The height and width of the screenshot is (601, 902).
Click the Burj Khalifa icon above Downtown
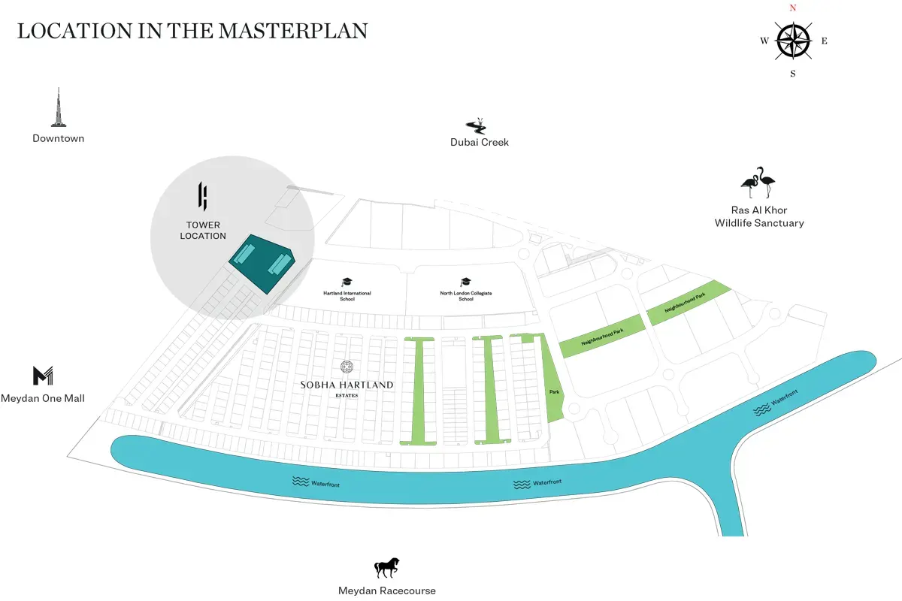(x=58, y=107)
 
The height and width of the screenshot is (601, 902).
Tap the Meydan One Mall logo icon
(x=43, y=376)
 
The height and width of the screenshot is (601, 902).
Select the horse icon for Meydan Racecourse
(x=387, y=568)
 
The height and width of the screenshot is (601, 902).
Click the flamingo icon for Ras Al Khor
(x=758, y=183)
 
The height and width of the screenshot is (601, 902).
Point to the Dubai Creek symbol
(x=477, y=125)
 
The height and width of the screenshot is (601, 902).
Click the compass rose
(x=793, y=40)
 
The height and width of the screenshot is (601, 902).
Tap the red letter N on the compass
(x=792, y=8)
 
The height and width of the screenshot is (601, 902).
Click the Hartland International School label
(x=347, y=296)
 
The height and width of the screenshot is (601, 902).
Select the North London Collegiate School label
(x=466, y=296)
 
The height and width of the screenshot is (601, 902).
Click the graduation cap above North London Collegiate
(x=466, y=282)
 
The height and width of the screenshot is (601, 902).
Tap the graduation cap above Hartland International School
(x=347, y=282)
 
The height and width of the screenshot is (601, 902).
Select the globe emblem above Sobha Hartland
(x=347, y=367)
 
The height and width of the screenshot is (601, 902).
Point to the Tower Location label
(x=203, y=231)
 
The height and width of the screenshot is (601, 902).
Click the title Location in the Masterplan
(x=192, y=31)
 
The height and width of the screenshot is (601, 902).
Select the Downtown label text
(x=59, y=138)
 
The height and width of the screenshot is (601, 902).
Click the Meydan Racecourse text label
(x=387, y=590)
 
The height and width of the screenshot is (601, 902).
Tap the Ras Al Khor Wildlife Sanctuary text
(x=758, y=216)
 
